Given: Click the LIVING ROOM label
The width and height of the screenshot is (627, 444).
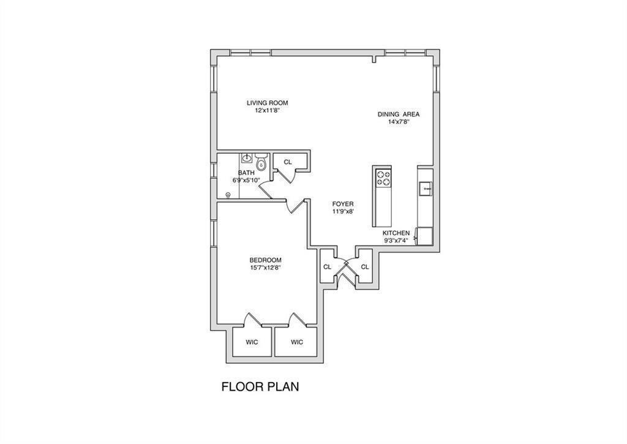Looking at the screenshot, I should pyautogui.click(x=267, y=103).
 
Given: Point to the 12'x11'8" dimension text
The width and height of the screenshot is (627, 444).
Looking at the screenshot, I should pyautogui.click(x=267, y=111).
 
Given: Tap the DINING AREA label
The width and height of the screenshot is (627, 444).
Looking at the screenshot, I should pyautogui.click(x=398, y=114).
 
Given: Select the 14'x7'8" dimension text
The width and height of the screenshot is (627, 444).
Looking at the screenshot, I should pyautogui.click(x=398, y=122).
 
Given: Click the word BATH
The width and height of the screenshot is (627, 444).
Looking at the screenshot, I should pyautogui.click(x=246, y=173).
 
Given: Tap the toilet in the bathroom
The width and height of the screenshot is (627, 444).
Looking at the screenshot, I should pyautogui.click(x=261, y=162).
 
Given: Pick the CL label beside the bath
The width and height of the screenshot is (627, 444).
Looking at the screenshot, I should pyautogui.click(x=287, y=162).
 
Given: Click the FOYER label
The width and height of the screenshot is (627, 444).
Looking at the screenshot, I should pyautogui.click(x=343, y=204).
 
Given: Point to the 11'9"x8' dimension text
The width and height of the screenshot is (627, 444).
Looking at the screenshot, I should pyautogui.click(x=343, y=211).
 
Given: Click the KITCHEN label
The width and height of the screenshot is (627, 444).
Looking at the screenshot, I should pyautogui.click(x=396, y=233).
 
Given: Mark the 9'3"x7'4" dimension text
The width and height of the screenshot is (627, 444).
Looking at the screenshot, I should pyautogui.click(x=396, y=241).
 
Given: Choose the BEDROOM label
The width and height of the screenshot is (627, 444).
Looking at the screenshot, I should pyautogui.click(x=265, y=260).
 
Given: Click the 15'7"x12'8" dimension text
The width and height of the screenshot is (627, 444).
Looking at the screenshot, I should pyautogui.click(x=265, y=268).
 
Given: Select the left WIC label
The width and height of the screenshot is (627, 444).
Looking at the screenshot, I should pyautogui.click(x=252, y=342).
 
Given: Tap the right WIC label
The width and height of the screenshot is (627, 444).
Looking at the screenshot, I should pyautogui.click(x=296, y=342).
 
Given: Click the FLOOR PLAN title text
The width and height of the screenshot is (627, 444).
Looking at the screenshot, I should pyautogui.click(x=260, y=387).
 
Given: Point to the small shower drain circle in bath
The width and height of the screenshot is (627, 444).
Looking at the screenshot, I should pyautogui.click(x=228, y=195).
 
